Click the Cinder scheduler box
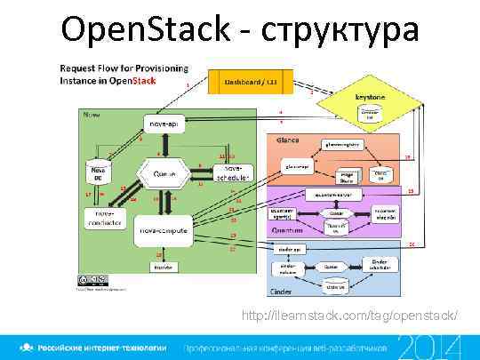tap(380, 263)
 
